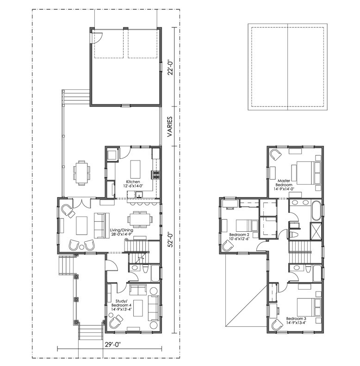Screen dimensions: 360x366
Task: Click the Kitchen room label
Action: (x=133, y=184)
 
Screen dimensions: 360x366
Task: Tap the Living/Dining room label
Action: (x=122, y=232)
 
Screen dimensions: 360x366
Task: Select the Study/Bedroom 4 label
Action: (x=120, y=305)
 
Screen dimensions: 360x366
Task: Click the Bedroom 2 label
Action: (x=239, y=236)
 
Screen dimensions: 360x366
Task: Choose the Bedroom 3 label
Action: (x=296, y=321)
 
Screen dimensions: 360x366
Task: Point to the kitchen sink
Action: (x=139, y=194)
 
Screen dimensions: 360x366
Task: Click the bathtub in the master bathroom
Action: (x=316, y=211)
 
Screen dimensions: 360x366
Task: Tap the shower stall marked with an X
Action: (x=316, y=231)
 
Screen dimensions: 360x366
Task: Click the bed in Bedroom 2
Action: (x=247, y=225)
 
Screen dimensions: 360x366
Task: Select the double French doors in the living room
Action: (x=81, y=203)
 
